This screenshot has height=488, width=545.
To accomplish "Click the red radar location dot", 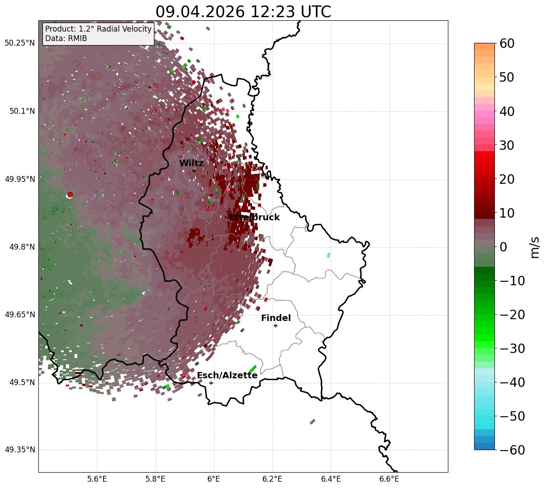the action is point(70,194).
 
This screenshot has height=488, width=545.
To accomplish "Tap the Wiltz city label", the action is point(191,163).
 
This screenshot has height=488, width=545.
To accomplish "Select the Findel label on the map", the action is point(276,318).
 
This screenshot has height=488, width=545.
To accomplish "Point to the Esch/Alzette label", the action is point(227,375).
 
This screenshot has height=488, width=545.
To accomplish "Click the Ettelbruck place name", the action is point(254,217).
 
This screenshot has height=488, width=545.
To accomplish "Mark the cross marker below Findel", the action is point(275,326).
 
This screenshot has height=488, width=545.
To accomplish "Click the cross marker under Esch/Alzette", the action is point(211,383).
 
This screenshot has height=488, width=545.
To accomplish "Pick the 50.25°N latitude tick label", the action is point(19,43).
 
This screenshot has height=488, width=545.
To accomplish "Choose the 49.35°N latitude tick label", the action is point(20,450).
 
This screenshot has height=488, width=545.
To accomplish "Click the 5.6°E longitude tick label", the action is point(97,479).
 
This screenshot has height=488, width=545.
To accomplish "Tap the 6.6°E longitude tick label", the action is point(389,479).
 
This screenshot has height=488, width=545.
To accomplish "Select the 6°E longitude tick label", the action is point(214,479).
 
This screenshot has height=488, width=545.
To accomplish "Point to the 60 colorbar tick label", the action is point(507,43).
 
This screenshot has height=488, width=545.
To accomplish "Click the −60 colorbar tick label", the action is point(512,450).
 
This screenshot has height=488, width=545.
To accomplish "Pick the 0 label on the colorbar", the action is point(503,246).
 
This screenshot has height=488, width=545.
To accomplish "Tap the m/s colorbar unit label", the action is point(535,247).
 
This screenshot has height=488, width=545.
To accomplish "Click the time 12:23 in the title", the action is point(273,12).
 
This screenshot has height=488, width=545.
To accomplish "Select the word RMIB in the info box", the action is point(78,38).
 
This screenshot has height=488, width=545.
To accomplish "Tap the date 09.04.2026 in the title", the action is point(200,12).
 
